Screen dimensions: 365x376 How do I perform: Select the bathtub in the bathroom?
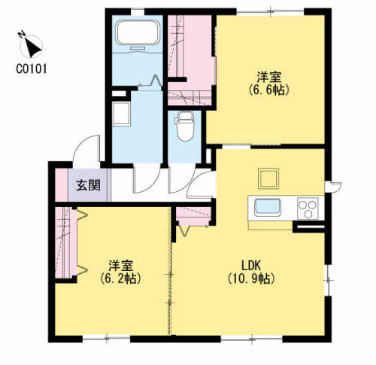point(137,33)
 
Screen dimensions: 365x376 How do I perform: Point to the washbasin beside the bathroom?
point(120,115)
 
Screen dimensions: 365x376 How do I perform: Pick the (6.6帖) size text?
point(268,90)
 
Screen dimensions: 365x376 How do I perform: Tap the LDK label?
point(250,265)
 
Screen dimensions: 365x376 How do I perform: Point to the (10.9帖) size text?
point(250,278)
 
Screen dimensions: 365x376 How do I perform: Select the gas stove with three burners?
point(308,205)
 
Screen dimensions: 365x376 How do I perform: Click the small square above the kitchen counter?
point(268,178)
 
